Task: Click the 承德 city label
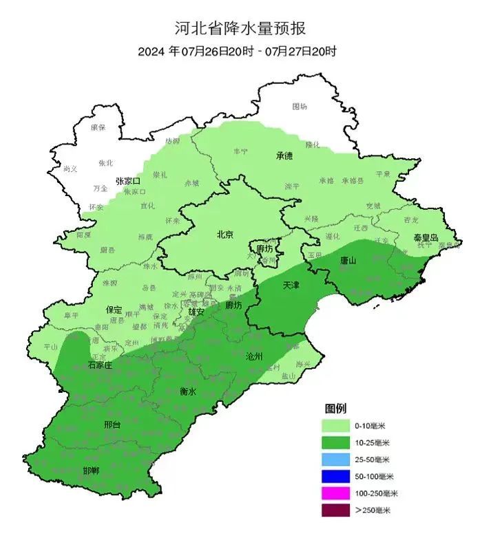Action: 285,156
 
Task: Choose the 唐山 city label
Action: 348,260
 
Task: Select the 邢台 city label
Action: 112,425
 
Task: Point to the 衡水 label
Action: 188,391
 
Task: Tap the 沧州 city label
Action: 254,356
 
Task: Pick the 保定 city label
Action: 114,310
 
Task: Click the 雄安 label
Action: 196,311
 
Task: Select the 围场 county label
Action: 300,106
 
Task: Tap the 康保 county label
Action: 98,127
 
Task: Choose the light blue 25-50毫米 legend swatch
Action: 335,460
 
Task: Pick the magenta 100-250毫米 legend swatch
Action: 335,493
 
